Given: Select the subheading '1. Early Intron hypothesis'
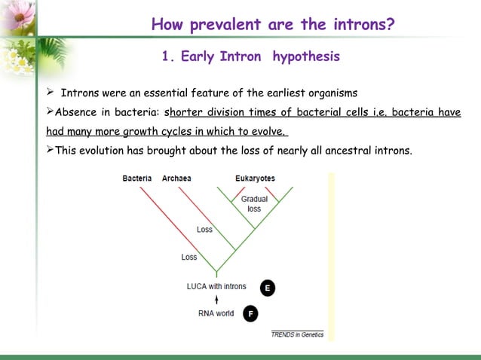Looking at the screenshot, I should coord(251,57).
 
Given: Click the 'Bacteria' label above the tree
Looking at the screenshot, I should coord(137,178).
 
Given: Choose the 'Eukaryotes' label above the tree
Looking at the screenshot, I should coord(254,178).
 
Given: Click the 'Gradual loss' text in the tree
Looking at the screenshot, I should coord(254,203).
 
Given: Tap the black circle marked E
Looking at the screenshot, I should coord(267,288).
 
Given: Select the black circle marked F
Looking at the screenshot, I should coord(250,313).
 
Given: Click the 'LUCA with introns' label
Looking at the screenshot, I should coord(216,286).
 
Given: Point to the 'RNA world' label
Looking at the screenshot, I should coord(216,313).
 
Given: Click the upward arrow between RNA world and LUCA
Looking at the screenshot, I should coord(216,300).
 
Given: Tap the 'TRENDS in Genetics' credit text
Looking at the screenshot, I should coord(297,334).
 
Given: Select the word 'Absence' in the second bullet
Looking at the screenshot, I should coord(77,113).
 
